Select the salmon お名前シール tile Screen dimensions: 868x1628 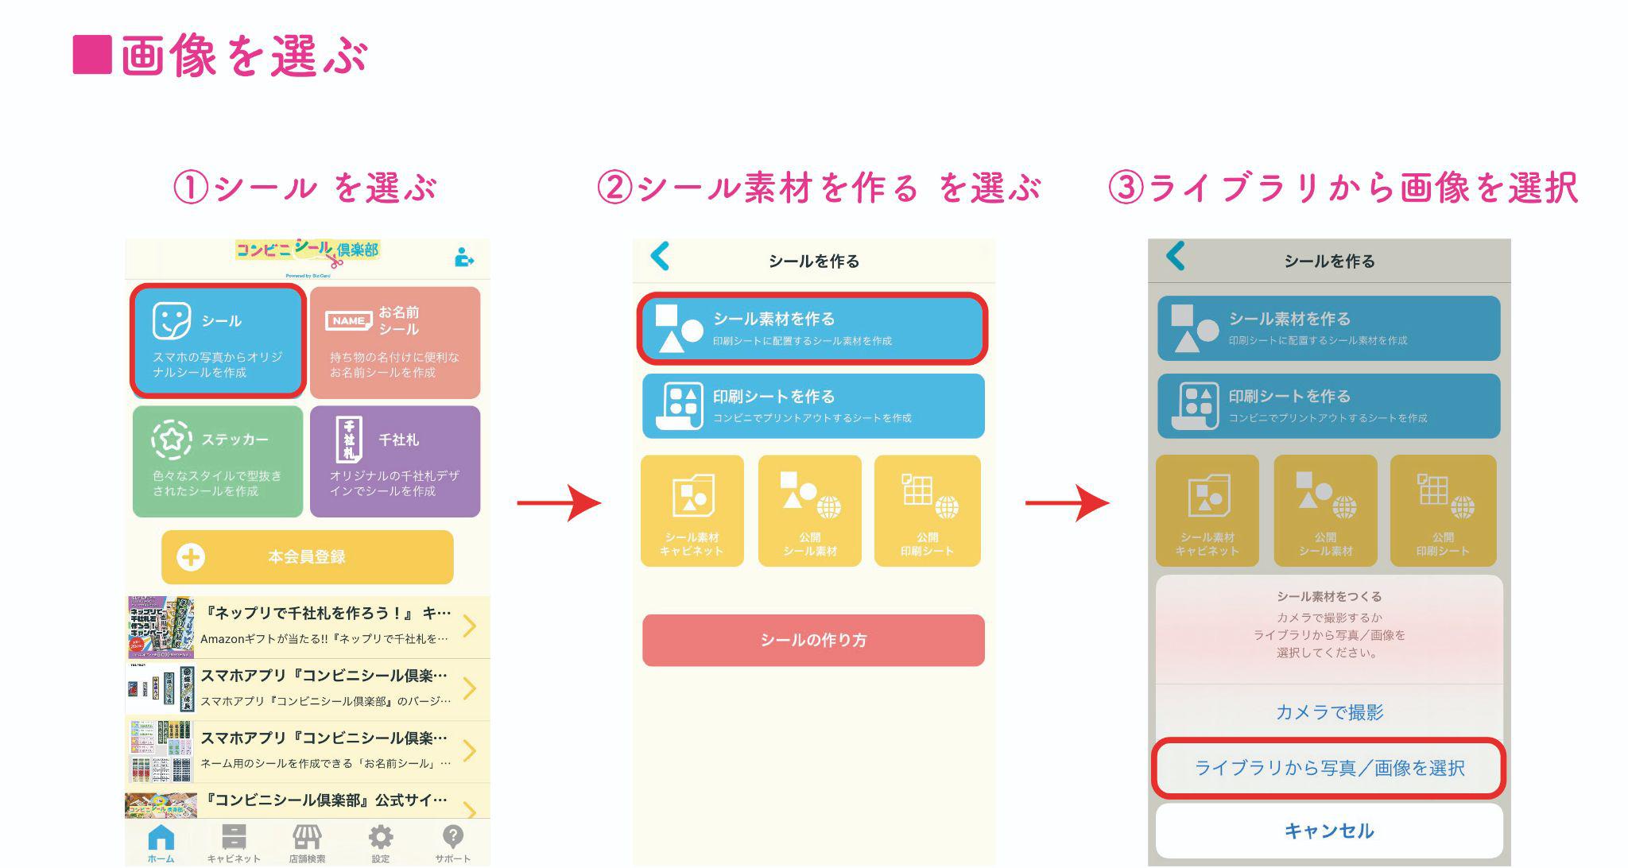pos(395,343)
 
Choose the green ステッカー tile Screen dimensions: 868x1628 pos(218,461)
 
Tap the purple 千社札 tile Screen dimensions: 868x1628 pos(395,461)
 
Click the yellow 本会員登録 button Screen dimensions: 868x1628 pos(307,557)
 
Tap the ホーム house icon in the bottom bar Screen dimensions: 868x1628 pos(161,842)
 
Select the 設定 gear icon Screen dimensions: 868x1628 pos(381,842)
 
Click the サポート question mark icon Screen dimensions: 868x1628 pos(452,842)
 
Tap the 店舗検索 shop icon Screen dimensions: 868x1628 pos(307,842)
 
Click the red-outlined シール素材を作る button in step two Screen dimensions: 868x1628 pos(812,328)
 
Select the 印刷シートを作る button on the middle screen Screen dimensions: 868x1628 pos(812,405)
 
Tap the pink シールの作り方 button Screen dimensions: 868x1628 pos(812,640)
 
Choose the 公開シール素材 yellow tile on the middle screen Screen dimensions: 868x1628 pos(809,510)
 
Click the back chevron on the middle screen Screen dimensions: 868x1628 pos(660,257)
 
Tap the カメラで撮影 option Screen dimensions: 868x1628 pos(1329,712)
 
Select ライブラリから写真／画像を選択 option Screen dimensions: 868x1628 pos(1329,768)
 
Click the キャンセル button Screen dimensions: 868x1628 pos(1329,831)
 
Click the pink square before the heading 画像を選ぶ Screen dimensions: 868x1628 pos(91,55)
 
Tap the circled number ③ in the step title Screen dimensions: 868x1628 pos(1126,188)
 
